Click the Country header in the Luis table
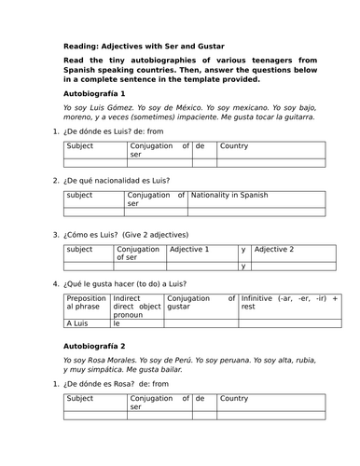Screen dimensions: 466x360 (234, 146)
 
